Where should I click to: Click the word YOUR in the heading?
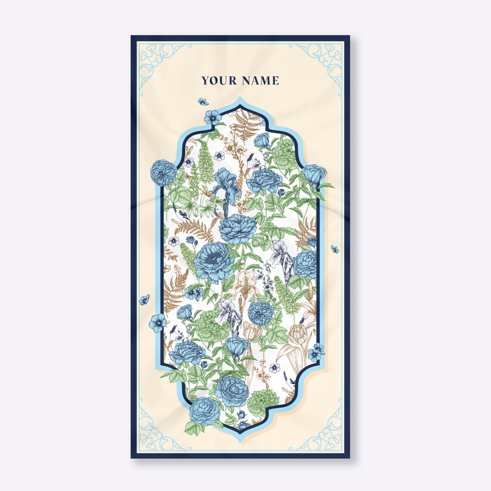219,81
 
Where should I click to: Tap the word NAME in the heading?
260,81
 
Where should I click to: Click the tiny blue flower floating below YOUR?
203,101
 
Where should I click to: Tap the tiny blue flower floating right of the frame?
335,249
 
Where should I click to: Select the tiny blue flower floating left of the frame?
144,300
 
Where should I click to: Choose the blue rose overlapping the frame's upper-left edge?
163,172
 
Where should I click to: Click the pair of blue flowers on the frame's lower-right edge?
316,352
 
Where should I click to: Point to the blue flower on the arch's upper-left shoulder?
212,117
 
